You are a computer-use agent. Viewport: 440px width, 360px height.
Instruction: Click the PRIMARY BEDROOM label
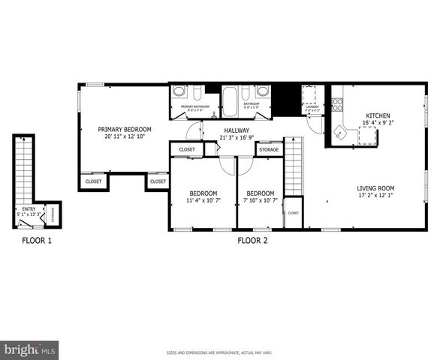point(125,129)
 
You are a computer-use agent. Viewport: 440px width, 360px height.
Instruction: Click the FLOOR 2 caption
point(252,241)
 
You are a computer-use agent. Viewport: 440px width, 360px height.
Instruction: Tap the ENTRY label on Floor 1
point(29,209)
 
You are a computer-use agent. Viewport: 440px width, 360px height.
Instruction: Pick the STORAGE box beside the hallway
point(269,150)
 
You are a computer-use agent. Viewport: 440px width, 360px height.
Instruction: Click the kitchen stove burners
point(338,105)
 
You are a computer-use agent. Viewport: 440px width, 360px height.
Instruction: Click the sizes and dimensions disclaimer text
point(219,352)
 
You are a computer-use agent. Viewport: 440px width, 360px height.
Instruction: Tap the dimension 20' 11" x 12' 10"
point(125,137)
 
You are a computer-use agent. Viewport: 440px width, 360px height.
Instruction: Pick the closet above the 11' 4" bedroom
point(187,149)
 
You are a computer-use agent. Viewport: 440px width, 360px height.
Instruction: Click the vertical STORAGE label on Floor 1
point(52,213)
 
